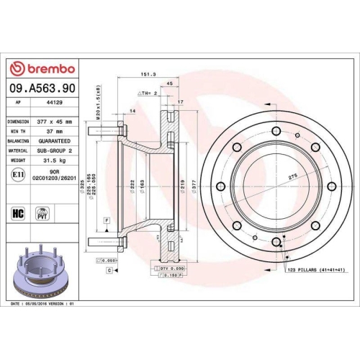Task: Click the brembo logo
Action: (41, 68)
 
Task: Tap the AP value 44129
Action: (54, 102)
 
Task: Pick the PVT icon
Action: (42, 213)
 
